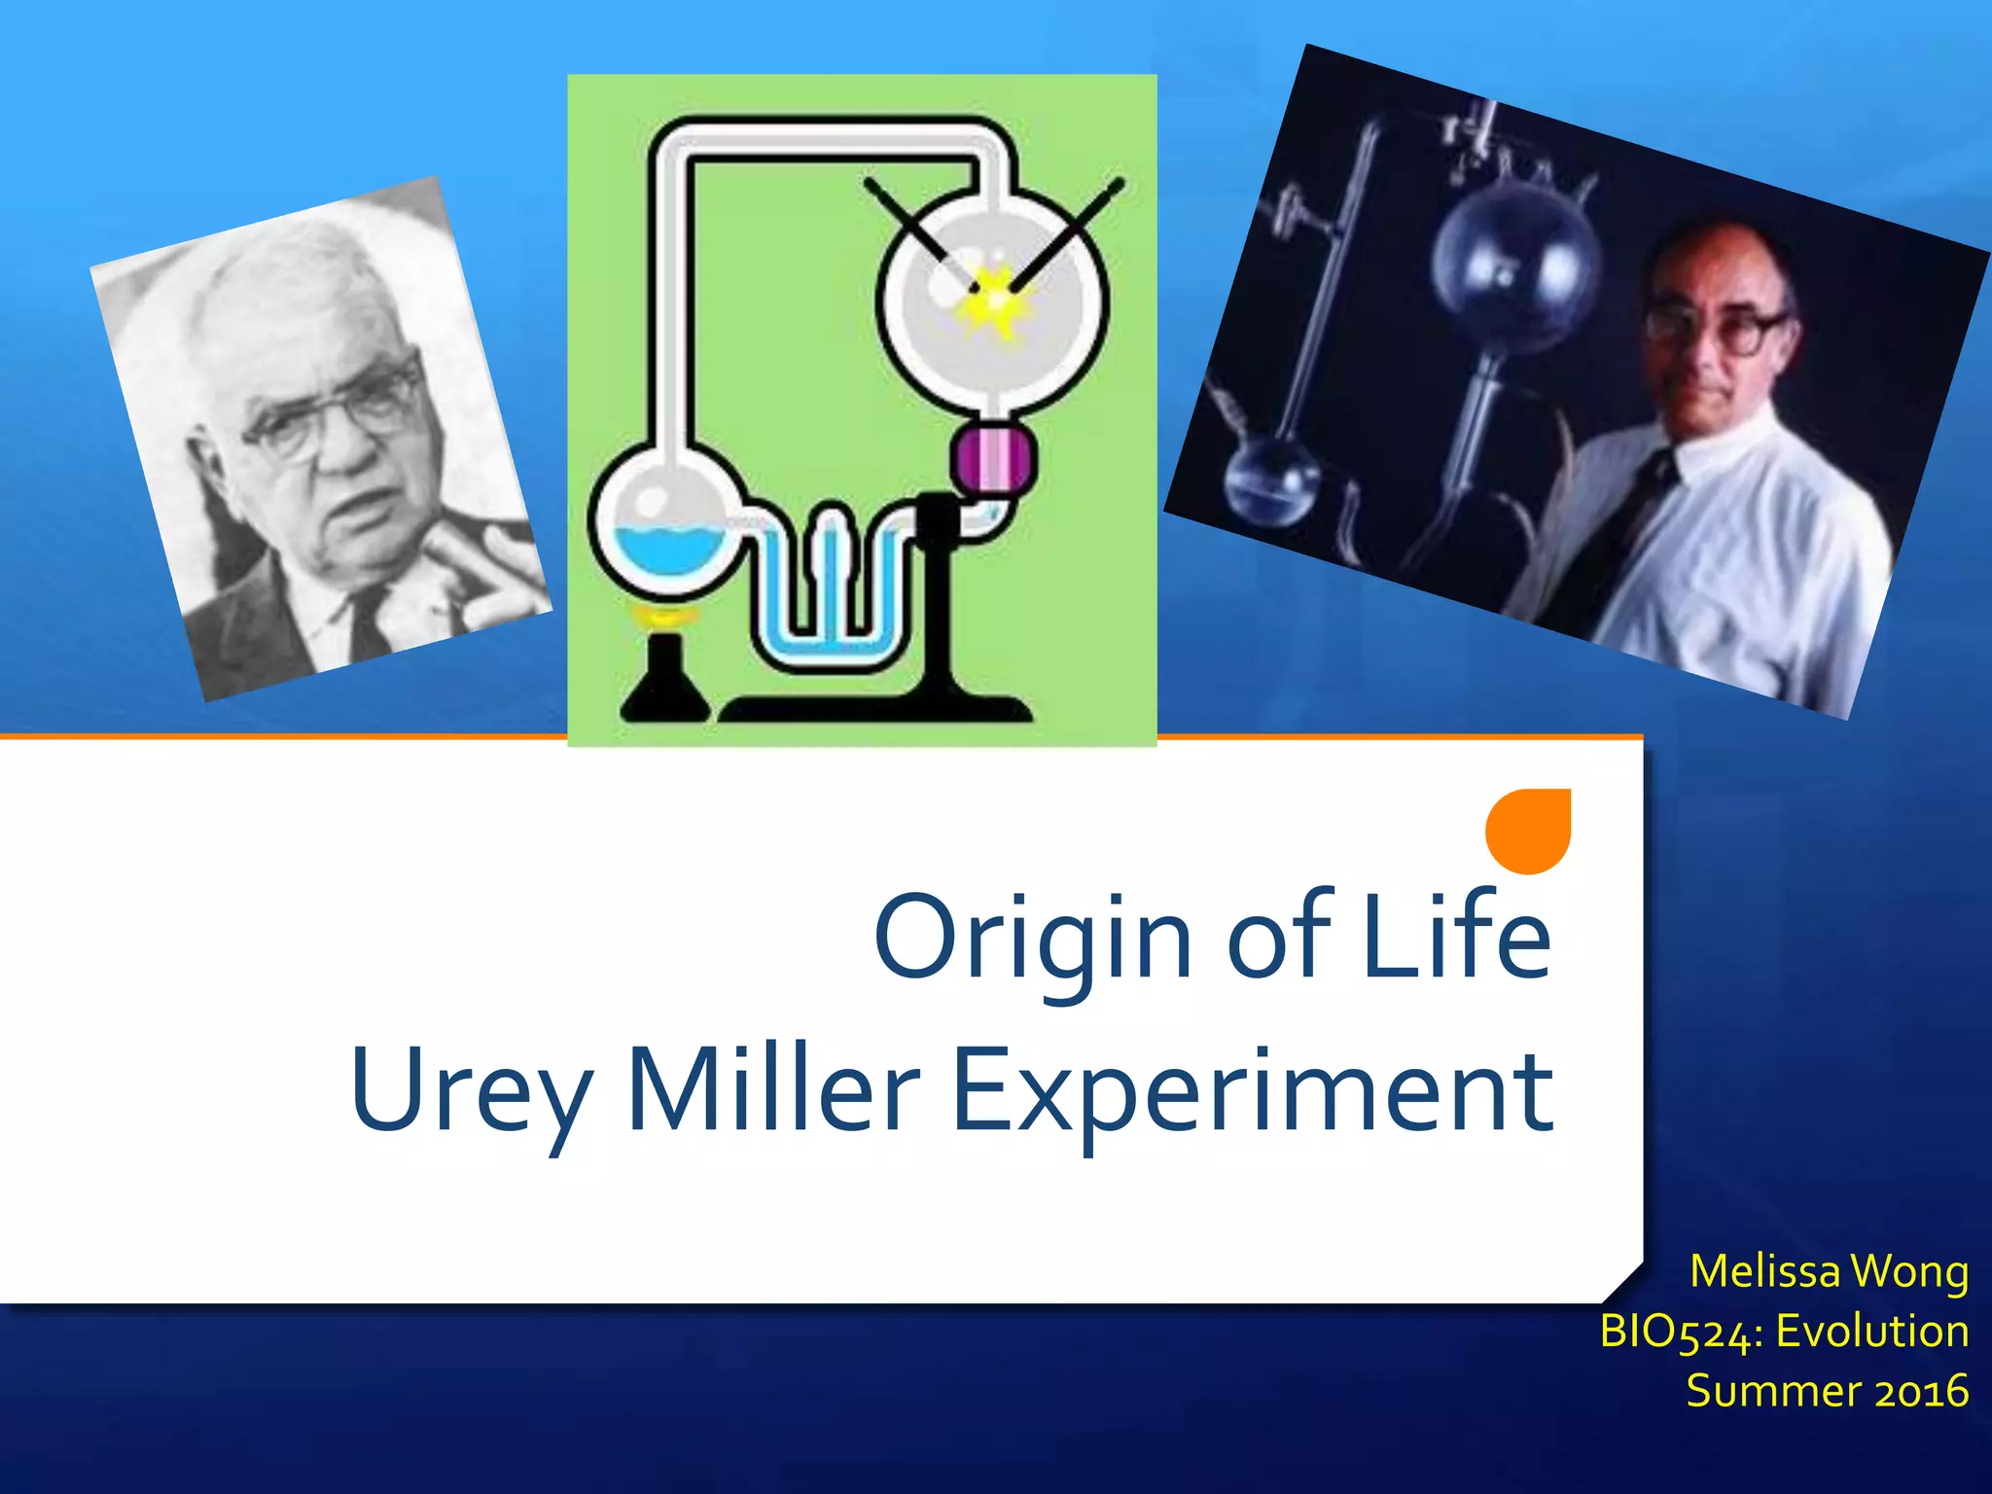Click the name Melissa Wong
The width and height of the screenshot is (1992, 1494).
1829,1271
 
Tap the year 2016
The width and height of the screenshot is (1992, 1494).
1921,1391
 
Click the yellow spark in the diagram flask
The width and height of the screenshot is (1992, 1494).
994,297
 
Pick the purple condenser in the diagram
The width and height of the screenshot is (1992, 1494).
993,462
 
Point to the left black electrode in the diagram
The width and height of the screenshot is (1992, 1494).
919,233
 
